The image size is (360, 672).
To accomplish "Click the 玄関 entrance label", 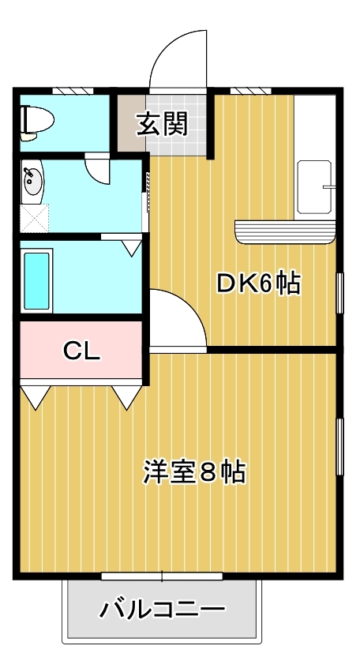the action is click(x=163, y=125).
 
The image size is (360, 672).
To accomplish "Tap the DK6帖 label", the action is click(x=258, y=283).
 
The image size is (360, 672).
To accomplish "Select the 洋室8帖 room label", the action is click(x=194, y=472).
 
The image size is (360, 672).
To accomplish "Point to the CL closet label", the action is click(x=81, y=351).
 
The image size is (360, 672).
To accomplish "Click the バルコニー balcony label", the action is click(x=163, y=610).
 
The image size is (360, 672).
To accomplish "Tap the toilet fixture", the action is click(x=37, y=123).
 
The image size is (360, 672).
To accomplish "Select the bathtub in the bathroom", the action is click(x=36, y=280).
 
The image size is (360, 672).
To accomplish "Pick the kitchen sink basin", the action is click(x=315, y=187).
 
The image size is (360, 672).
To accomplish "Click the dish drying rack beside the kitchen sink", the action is click(x=285, y=232).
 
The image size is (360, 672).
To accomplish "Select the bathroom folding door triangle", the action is click(x=132, y=248).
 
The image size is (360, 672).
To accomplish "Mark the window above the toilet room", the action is click(x=73, y=91).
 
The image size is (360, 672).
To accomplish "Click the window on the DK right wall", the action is click(x=339, y=293).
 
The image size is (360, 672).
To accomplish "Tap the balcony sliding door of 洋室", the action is click(x=162, y=576).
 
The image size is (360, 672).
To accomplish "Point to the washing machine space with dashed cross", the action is click(x=34, y=219).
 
